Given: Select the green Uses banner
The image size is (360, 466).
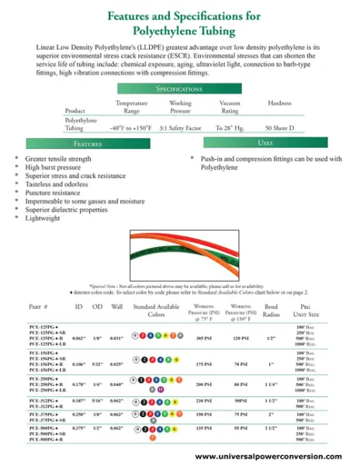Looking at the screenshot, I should (x=262, y=144).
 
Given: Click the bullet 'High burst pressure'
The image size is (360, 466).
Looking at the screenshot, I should (x=57, y=167).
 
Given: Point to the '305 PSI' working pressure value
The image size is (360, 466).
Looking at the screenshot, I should (x=206, y=339).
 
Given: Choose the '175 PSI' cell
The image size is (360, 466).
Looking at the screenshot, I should (x=206, y=363).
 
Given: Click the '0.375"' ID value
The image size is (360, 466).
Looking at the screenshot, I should (x=78, y=428).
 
